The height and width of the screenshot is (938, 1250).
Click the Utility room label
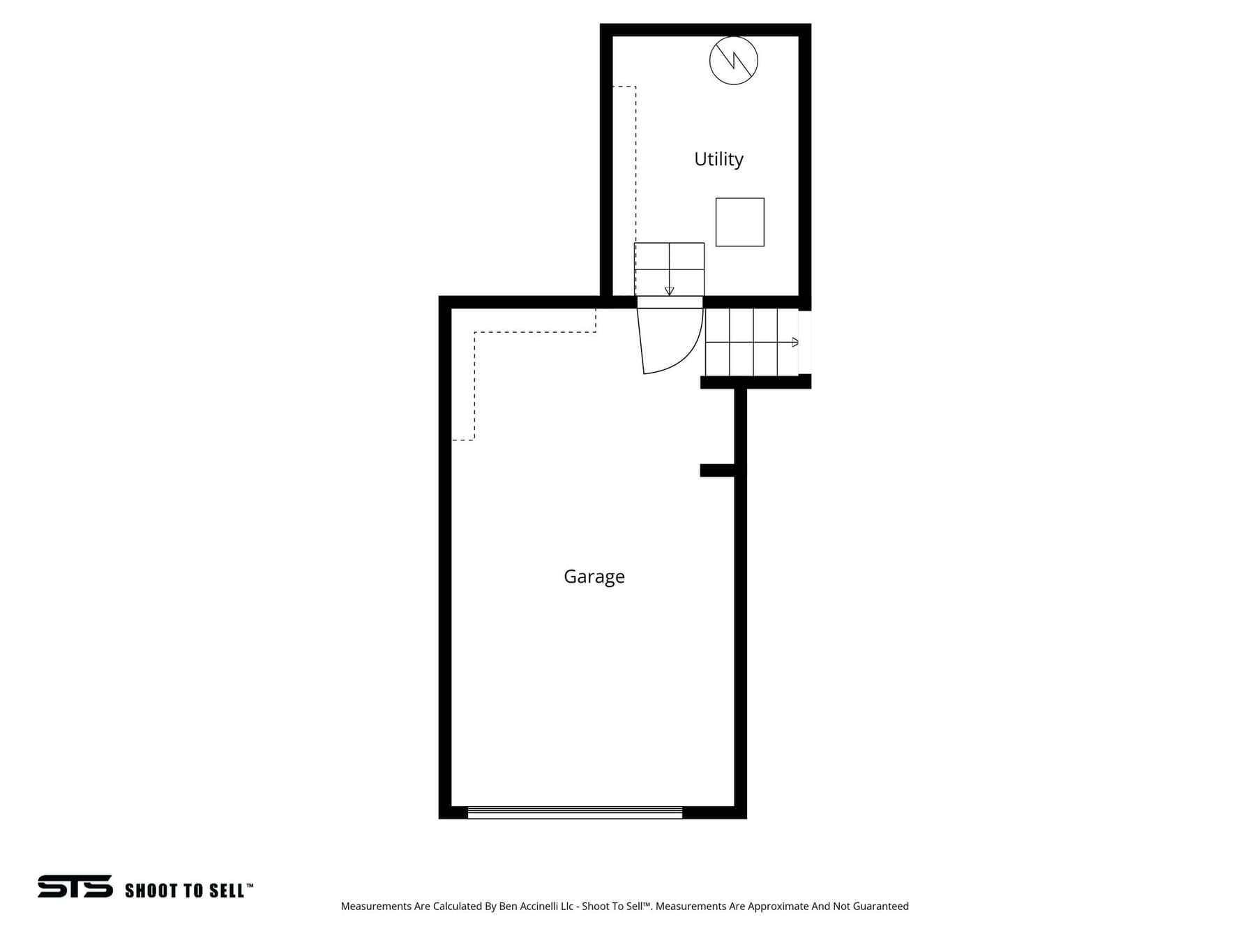[x=718, y=160]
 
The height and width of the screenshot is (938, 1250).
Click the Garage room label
[x=594, y=576]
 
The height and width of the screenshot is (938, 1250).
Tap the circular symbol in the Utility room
[x=734, y=61]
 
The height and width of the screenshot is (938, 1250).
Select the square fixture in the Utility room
[x=740, y=222]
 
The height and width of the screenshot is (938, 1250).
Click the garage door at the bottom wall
[x=575, y=812]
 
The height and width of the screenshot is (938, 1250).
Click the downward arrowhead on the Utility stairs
[x=670, y=291]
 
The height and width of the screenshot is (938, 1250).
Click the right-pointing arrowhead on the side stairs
[x=795, y=342]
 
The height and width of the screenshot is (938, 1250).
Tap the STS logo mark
[x=75, y=886]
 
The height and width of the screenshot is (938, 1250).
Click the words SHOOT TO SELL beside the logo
[x=186, y=891]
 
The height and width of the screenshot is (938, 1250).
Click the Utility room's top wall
[x=705, y=30]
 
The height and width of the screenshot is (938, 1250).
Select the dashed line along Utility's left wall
[x=635, y=165]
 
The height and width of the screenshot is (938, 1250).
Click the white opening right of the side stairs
[x=805, y=343]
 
